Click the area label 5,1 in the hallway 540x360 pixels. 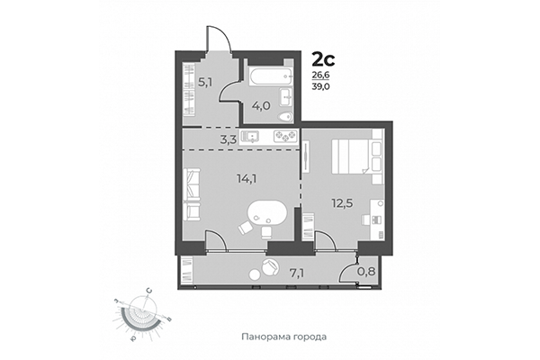(204, 81)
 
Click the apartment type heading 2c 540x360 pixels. (323, 60)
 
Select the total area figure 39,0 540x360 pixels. (322, 87)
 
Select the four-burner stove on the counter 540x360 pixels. (284, 137)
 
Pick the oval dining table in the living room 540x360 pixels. (268, 216)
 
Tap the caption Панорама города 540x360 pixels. (283, 337)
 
